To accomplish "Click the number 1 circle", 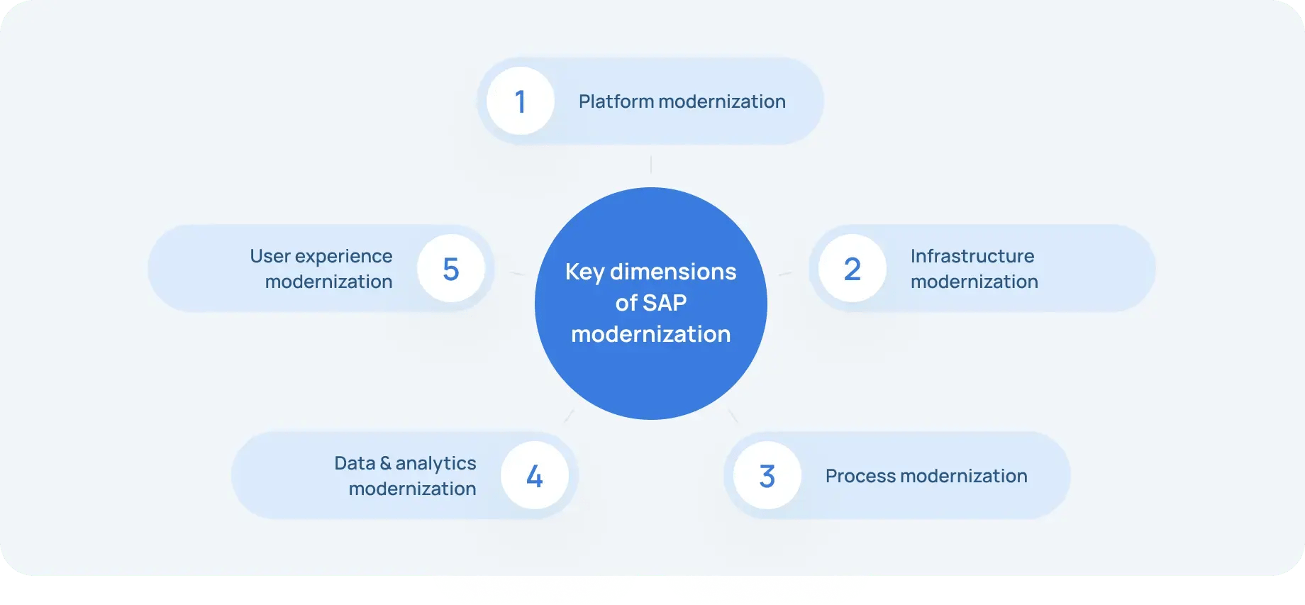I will tap(520, 101).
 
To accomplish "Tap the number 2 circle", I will tap(852, 268).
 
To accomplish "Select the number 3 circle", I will tap(767, 475).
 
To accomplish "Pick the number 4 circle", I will tap(534, 475).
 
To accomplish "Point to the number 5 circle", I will tap(450, 268).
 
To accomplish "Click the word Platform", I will tap(616, 101).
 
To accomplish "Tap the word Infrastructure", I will tap(972, 256).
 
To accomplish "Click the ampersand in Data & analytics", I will tap(385, 463).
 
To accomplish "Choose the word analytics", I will tap(435, 464).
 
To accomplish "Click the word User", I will tap(270, 256).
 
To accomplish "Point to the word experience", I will tap(343, 257).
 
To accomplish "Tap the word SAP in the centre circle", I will tap(665, 303).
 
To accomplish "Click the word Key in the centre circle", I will tap(584, 272).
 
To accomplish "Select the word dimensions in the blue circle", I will tap(673, 272).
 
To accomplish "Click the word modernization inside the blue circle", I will tap(650, 334).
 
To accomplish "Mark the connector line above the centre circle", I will tap(650, 165).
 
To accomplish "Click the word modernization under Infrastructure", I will tap(974, 282).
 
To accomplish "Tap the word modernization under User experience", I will tap(328, 282).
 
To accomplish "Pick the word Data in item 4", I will tap(355, 463).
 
